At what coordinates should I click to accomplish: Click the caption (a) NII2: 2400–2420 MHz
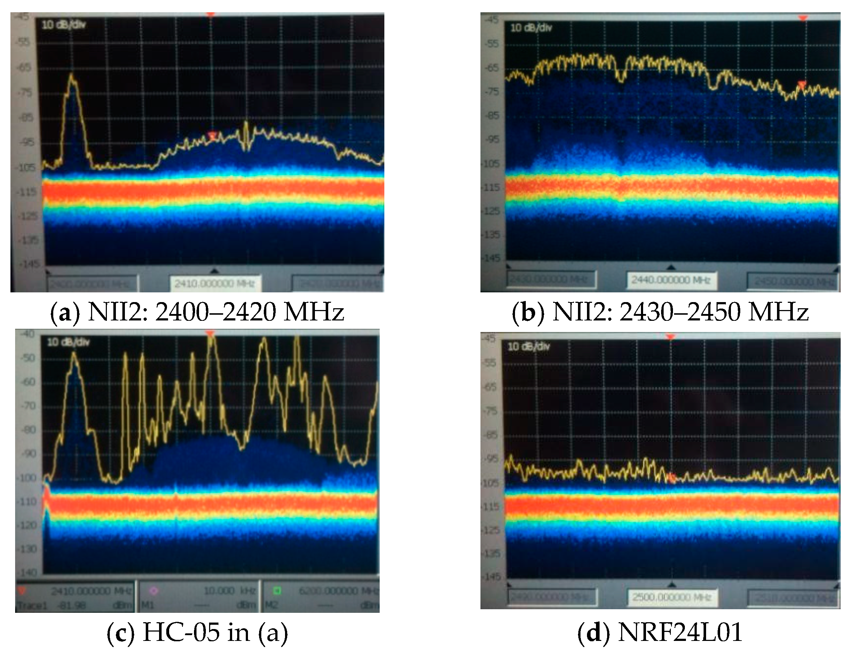point(197,312)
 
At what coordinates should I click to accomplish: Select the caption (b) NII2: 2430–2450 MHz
point(660,312)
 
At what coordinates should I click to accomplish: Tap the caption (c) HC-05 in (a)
point(197,632)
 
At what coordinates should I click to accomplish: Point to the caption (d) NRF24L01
point(660,632)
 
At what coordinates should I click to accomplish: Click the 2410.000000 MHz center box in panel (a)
point(214,284)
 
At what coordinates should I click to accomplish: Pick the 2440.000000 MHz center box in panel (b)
point(671,280)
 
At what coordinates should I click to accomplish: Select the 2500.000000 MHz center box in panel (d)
point(672,597)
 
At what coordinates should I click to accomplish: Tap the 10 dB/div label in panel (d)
point(528,346)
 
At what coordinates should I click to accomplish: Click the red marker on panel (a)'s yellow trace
point(213,135)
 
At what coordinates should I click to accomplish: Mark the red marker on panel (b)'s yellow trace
point(802,84)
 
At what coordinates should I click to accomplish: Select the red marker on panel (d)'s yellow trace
point(672,478)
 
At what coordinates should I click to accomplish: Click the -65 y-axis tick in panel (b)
point(492,68)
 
